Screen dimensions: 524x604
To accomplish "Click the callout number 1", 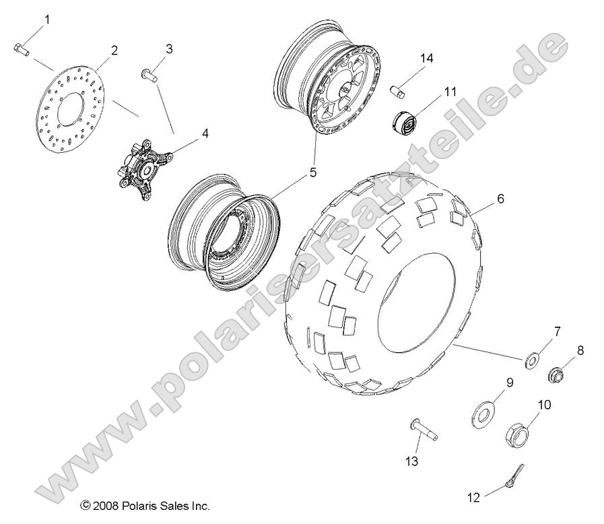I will pos(47,20).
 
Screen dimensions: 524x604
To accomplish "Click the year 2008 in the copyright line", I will pos(104,505).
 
